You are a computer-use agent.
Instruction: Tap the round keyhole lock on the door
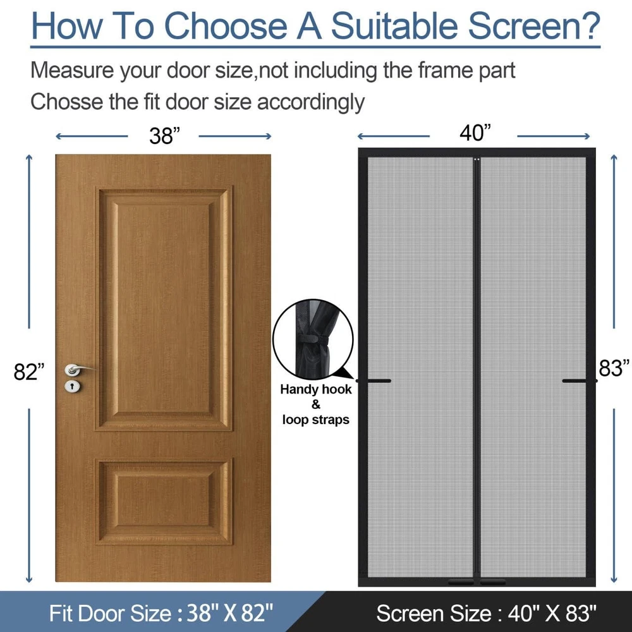tap(72, 386)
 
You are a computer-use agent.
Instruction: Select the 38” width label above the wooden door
tap(164, 136)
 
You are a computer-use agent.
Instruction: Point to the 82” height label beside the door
tap(29, 372)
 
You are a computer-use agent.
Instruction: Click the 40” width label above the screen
tap(475, 133)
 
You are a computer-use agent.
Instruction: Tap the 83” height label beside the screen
tap(614, 368)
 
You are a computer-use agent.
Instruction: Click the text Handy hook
tap(316, 389)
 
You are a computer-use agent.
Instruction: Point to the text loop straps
tap(315, 420)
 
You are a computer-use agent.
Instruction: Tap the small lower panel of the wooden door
tap(164, 501)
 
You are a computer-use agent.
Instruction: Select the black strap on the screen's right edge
tap(580, 380)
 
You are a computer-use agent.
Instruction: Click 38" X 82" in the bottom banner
tap(230, 613)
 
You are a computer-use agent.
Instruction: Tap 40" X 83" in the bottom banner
tap(552, 614)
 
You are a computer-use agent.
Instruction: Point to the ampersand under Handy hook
tap(315, 404)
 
